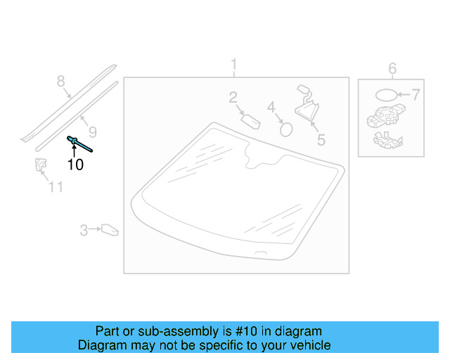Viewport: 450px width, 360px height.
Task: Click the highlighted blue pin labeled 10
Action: click(x=79, y=144)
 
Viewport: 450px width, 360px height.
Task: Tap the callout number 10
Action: click(x=75, y=165)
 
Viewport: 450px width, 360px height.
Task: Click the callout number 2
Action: click(x=233, y=97)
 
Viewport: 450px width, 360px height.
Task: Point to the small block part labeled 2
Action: click(x=250, y=122)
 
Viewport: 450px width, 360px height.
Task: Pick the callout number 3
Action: click(x=84, y=230)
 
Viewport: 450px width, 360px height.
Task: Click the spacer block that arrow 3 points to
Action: click(x=110, y=230)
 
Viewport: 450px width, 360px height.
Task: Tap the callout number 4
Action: click(x=271, y=108)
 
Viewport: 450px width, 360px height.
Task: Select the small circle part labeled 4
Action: click(x=286, y=129)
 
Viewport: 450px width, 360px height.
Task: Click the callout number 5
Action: click(x=321, y=140)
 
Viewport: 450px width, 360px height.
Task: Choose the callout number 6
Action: click(x=392, y=69)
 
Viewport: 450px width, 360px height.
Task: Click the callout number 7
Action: click(x=416, y=95)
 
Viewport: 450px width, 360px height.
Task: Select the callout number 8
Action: click(x=60, y=81)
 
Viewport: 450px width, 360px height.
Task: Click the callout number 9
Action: click(x=92, y=132)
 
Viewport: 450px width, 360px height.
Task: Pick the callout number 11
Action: click(x=56, y=187)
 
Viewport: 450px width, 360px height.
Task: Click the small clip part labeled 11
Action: click(x=41, y=165)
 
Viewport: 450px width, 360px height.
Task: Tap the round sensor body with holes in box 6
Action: click(x=386, y=115)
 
